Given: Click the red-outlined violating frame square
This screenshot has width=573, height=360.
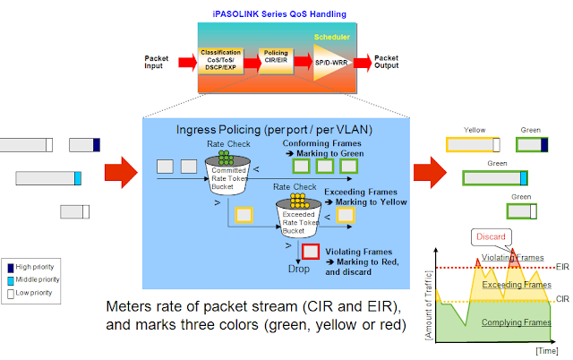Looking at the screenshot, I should tap(312, 254).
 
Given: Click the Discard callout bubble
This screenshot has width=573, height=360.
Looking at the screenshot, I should tap(491, 237).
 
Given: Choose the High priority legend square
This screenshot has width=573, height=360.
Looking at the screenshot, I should tap(10, 267).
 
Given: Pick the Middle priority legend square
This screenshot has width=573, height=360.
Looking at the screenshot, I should tap(10, 279).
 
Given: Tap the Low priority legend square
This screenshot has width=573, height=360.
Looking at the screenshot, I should tap(10, 293).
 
